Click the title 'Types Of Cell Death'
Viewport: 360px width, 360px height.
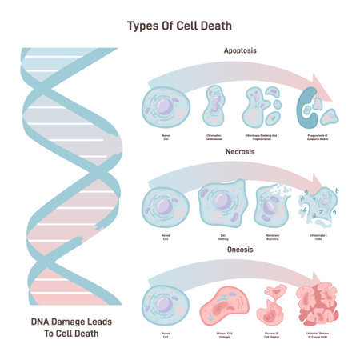[x=180, y=25]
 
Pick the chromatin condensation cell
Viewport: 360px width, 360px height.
[x=214, y=106]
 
